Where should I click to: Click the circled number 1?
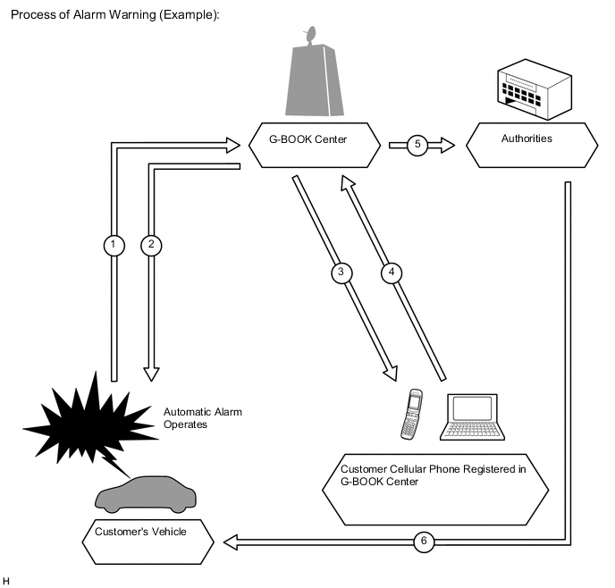[113, 244]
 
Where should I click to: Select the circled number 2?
[151, 244]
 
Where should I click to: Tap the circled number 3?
[341, 272]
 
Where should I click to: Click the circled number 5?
[417, 144]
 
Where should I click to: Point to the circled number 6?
[425, 541]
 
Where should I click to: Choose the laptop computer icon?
[473, 417]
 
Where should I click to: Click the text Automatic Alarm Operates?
[203, 418]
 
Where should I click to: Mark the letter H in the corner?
[6, 581]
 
